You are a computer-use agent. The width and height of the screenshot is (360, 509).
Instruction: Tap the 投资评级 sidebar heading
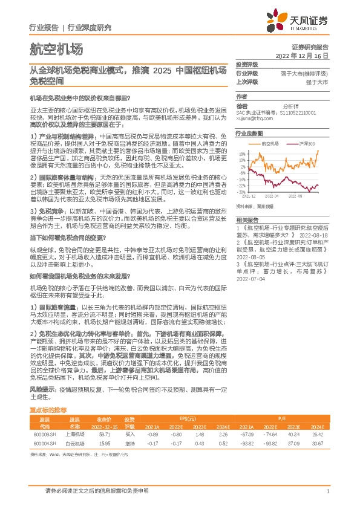(x=246, y=63)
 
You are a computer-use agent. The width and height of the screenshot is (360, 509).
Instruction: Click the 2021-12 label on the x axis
(x=249, y=196)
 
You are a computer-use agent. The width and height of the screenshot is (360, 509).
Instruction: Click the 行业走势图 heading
(x=249, y=132)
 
